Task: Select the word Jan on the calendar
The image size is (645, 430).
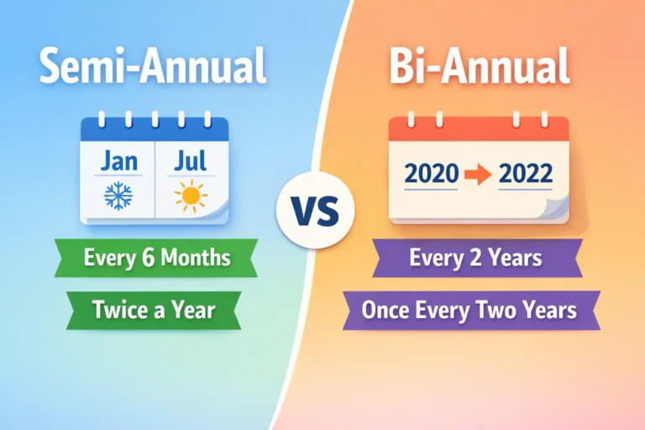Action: pyautogui.click(x=119, y=162)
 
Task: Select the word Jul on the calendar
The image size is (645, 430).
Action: pyautogui.click(x=190, y=162)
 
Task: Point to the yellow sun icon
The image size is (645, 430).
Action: pyautogui.click(x=191, y=197)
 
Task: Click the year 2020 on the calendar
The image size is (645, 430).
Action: pyautogui.click(x=432, y=175)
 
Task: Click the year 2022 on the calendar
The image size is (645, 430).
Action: pyautogui.click(x=525, y=175)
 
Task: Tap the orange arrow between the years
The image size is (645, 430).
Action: pyautogui.click(x=479, y=175)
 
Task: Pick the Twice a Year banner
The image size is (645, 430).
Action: pyautogui.click(x=155, y=309)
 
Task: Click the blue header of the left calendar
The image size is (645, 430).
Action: pyautogui.click(x=155, y=129)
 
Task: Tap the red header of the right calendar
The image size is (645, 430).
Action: pyautogui.click(x=479, y=129)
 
